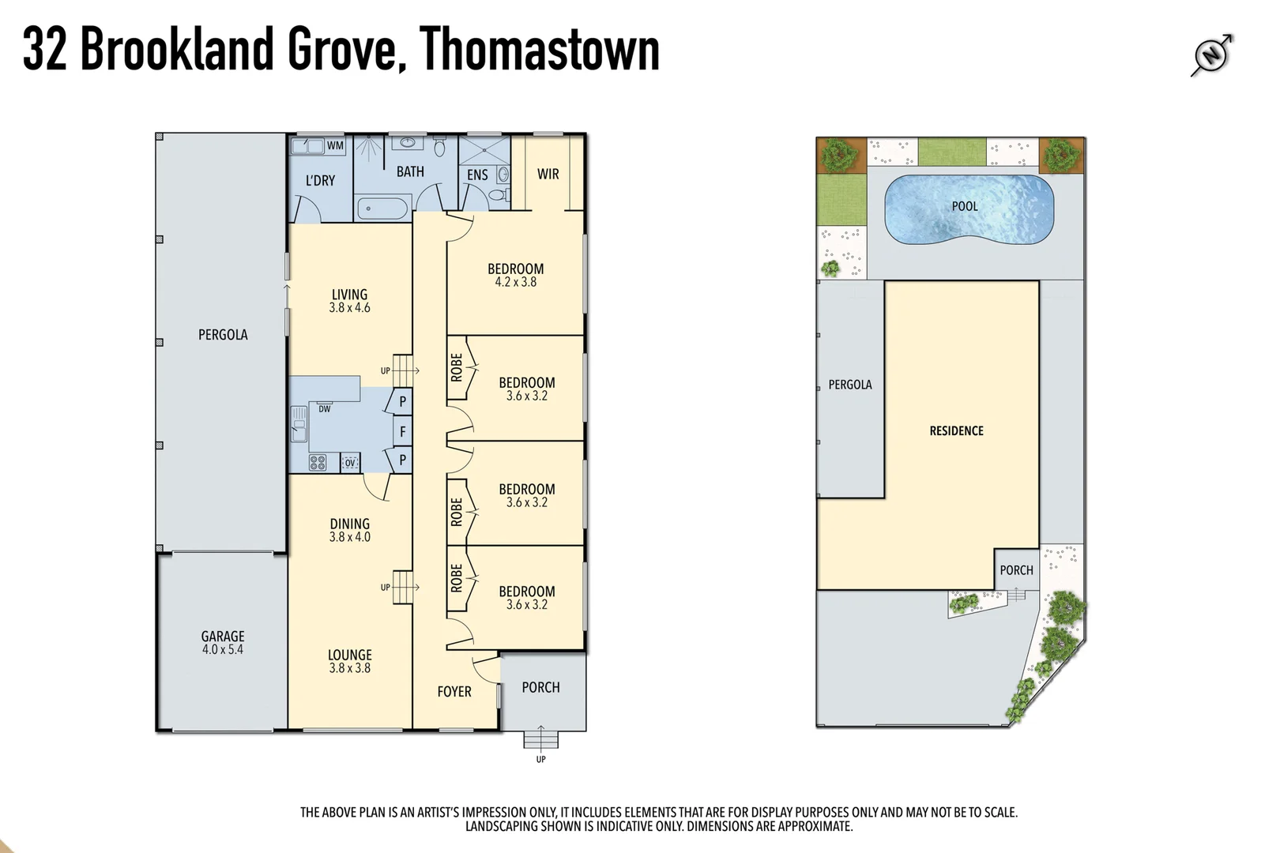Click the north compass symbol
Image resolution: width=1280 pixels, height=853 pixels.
click(x=1211, y=54)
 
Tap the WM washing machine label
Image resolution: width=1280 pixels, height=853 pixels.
click(x=335, y=145)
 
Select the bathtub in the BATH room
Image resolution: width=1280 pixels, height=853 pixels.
click(x=382, y=209)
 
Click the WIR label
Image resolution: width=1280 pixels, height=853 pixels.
click(x=548, y=174)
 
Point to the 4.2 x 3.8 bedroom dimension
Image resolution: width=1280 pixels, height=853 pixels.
click(x=515, y=282)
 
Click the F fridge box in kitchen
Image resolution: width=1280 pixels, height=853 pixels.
click(x=403, y=431)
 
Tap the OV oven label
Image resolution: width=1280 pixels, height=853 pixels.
click(x=350, y=463)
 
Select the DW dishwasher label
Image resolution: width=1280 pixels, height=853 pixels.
click(x=325, y=409)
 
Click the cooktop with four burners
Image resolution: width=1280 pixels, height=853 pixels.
click(x=317, y=463)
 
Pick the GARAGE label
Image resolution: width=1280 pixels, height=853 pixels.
click(x=223, y=636)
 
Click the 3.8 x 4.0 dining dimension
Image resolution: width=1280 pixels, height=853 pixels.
click(x=349, y=537)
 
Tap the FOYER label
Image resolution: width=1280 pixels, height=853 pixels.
click(x=454, y=692)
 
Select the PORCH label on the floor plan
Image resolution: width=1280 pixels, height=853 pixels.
click(x=540, y=687)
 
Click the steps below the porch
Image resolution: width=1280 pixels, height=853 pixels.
click(x=541, y=738)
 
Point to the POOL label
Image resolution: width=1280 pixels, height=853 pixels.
click(x=964, y=206)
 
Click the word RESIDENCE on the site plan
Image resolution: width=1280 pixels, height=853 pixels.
click(x=956, y=430)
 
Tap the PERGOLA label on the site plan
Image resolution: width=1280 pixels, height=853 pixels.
click(x=850, y=385)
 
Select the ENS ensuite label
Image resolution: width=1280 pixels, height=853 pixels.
click(x=477, y=175)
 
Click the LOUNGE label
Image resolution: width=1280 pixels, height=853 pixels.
click(x=349, y=655)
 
